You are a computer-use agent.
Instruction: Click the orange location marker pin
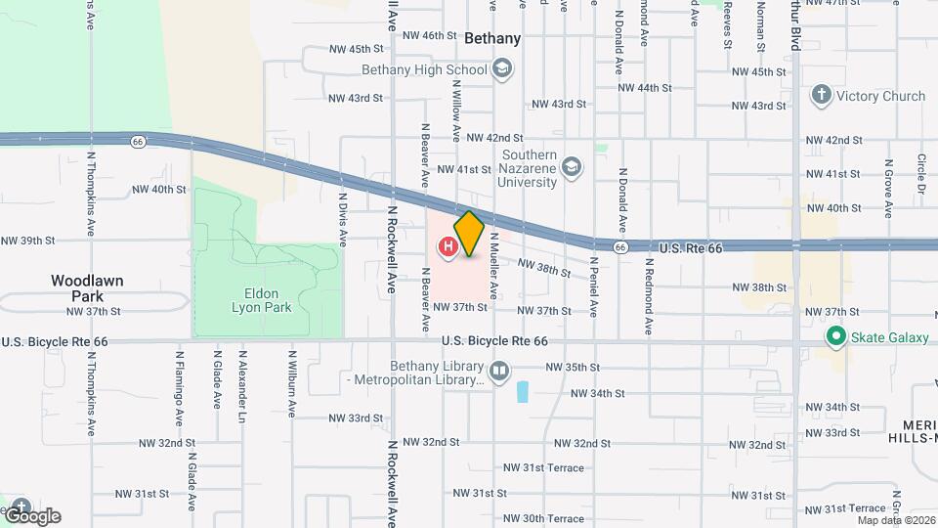tap(469, 233)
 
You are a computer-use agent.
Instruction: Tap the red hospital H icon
tap(448, 247)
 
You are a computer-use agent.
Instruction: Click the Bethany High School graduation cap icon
tap(502, 69)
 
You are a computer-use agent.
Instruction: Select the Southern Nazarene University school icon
tap(572, 169)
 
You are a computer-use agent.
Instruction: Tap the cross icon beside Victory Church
tap(822, 96)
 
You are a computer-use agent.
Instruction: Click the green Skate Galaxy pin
tap(834, 337)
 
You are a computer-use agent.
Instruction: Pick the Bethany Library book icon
tap(499, 372)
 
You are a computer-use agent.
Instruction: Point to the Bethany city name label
tap(492, 39)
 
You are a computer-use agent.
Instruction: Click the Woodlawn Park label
tap(88, 287)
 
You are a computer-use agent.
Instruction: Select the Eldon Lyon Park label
tap(255, 300)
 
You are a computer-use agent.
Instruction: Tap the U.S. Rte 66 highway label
tap(690, 248)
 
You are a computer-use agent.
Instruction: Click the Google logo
tap(32, 515)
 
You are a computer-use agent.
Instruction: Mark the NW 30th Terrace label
tap(552, 518)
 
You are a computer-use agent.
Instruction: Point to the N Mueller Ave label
tap(495, 265)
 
